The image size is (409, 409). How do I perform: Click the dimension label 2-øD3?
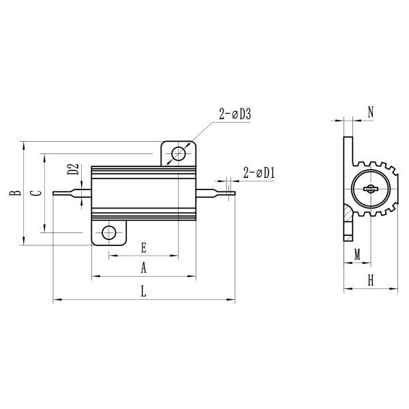coord(235,115)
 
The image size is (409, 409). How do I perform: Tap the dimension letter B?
coord(12,193)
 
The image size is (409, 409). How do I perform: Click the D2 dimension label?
coord(74,170)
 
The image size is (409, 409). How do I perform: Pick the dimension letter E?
coord(143,247)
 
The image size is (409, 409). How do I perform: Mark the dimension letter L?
coord(143,291)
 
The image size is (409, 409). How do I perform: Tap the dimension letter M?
coord(357,254)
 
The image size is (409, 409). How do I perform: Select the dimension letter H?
coord(371,280)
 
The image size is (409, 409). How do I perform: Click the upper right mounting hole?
coord(179,153)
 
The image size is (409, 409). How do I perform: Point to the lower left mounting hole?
coord(108,233)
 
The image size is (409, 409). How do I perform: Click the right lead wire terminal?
coord(218,193)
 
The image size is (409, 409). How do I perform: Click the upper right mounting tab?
coord(179,152)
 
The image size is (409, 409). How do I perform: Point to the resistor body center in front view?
coord(143,193)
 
